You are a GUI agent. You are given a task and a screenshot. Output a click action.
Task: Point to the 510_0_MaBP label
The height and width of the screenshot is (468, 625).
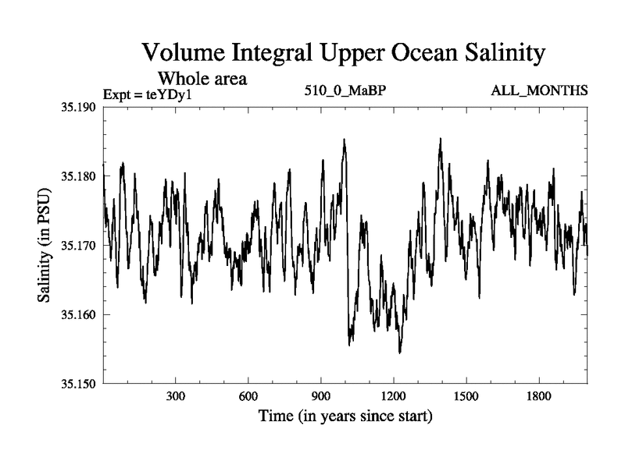(x=346, y=91)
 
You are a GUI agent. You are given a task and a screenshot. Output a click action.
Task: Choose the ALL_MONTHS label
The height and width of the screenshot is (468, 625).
(x=539, y=91)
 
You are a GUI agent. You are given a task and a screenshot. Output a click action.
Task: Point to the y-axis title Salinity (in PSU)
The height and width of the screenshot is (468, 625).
(x=46, y=246)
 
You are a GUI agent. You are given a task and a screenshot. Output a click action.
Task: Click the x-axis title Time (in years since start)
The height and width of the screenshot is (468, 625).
(x=345, y=417)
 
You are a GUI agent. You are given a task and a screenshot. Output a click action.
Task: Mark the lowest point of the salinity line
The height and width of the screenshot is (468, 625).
(x=399, y=353)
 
